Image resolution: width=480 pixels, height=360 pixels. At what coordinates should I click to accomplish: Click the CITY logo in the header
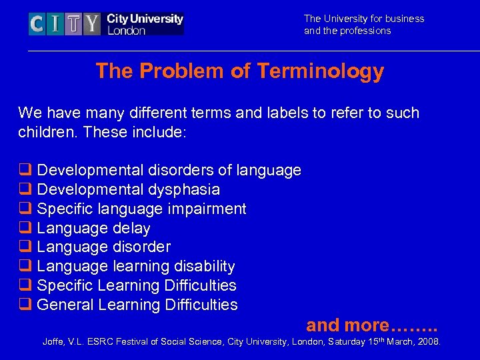pyautogui.click(x=106, y=24)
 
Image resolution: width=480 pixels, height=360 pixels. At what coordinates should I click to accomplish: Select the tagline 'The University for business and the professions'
pyautogui.click(x=363, y=25)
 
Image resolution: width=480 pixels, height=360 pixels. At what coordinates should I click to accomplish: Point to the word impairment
pyautogui.click(x=207, y=209)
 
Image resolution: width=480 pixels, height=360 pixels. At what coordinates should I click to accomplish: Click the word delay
pyautogui.click(x=131, y=229)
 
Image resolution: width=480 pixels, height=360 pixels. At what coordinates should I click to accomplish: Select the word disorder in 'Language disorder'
pyautogui.click(x=141, y=247)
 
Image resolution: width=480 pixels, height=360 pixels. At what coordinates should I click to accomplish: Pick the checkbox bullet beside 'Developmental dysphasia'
pyautogui.click(x=25, y=190)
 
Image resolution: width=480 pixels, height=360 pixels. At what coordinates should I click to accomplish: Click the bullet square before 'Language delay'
pyautogui.click(x=25, y=229)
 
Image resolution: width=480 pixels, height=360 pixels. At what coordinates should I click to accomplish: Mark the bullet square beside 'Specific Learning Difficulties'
pyautogui.click(x=25, y=286)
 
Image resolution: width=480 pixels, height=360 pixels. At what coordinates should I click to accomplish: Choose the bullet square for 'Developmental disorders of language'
pyautogui.click(x=25, y=171)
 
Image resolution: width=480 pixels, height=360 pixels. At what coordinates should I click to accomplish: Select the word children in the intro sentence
pyautogui.click(x=45, y=132)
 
